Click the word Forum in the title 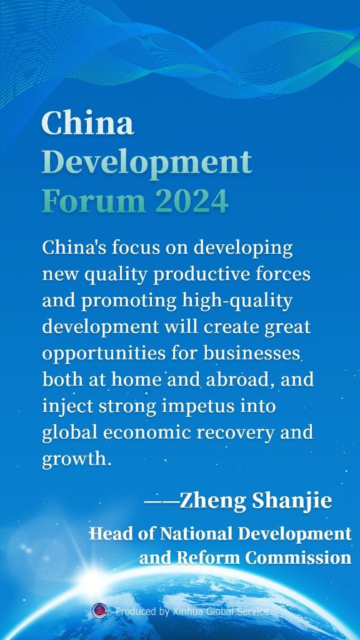[x=94, y=201]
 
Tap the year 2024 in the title [x=191, y=201]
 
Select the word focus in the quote [x=124, y=247]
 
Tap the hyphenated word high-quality [x=237, y=301]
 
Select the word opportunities [x=104, y=354]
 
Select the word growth [x=77, y=460]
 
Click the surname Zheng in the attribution [x=212, y=501]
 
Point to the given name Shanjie [x=292, y=501]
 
